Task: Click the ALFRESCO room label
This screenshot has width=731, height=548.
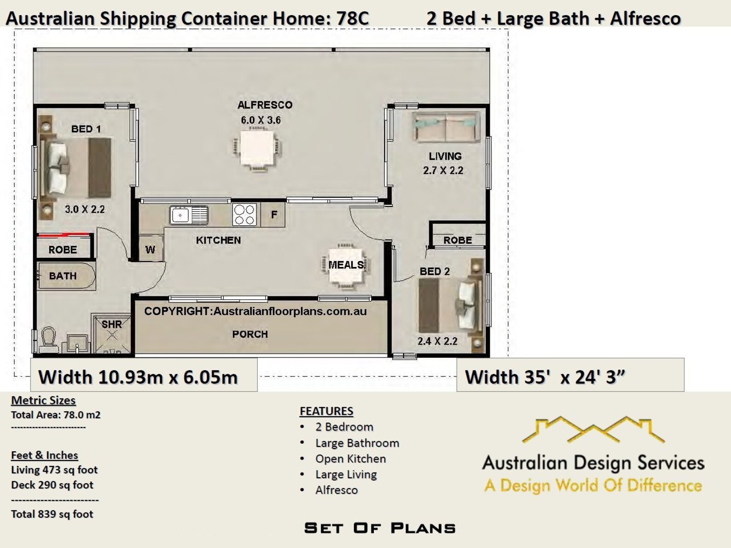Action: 265,105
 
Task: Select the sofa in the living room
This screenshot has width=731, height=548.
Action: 446,127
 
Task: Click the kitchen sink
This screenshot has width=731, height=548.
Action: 189,215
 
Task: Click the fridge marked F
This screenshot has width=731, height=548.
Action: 273,215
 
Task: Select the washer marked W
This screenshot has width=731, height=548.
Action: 151,249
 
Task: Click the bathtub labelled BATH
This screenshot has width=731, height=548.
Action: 66,276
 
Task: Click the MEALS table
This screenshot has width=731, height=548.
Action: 346,266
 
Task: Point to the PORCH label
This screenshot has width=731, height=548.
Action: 250,334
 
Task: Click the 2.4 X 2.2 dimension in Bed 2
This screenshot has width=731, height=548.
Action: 437,341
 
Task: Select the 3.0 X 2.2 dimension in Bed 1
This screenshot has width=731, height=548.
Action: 85,210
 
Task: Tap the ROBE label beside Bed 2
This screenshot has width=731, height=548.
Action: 458,240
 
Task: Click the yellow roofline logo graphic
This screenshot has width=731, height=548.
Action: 593,429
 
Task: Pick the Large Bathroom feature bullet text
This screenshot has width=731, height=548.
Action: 357,443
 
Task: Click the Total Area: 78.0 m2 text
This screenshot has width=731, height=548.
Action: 56,415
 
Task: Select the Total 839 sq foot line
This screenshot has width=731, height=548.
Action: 52,514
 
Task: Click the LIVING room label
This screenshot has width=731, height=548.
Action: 445,157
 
